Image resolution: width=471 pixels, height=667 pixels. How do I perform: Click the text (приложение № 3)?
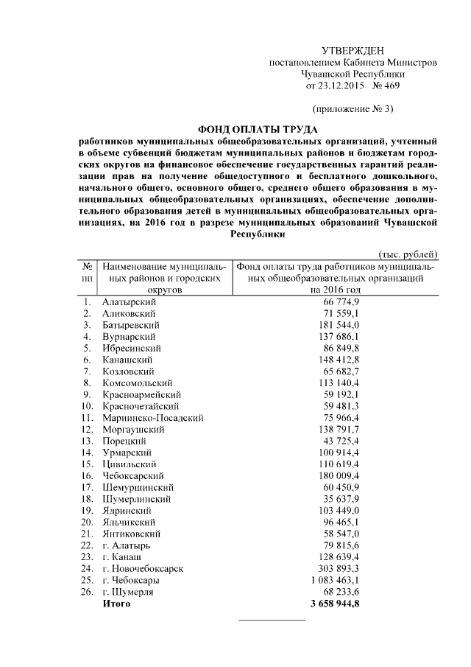click(353, 109)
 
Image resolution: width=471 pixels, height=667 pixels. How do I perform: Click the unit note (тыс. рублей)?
click(408, 254)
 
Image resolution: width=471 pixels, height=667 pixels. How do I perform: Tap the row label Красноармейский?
click(140, 394)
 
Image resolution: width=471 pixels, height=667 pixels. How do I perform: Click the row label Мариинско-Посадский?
click(153, 418)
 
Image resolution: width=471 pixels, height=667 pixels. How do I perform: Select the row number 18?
click(87, 499)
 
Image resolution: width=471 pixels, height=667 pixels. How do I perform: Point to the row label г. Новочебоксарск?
click(143, 569)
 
